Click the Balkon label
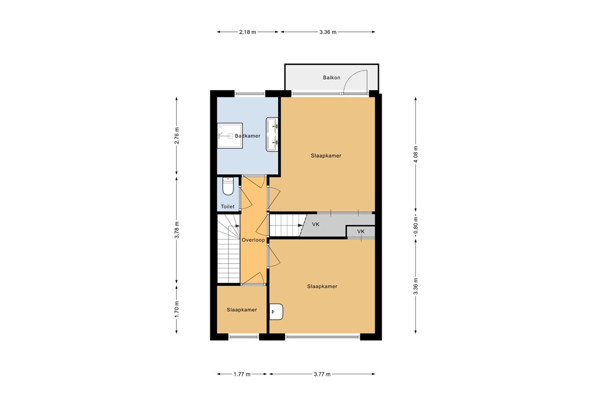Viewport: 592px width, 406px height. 331,77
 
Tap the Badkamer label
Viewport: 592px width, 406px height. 247,136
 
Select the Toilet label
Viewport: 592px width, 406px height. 227,206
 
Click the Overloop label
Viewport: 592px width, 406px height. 253,239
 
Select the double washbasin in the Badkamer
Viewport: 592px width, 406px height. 273,135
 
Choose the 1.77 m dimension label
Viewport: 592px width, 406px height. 242,375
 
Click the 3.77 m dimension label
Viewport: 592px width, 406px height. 321,375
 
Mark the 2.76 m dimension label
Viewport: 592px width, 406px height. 177,135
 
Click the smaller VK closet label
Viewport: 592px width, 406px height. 361,232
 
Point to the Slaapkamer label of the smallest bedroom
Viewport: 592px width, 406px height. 242,310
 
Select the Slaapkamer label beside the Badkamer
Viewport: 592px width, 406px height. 325,156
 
